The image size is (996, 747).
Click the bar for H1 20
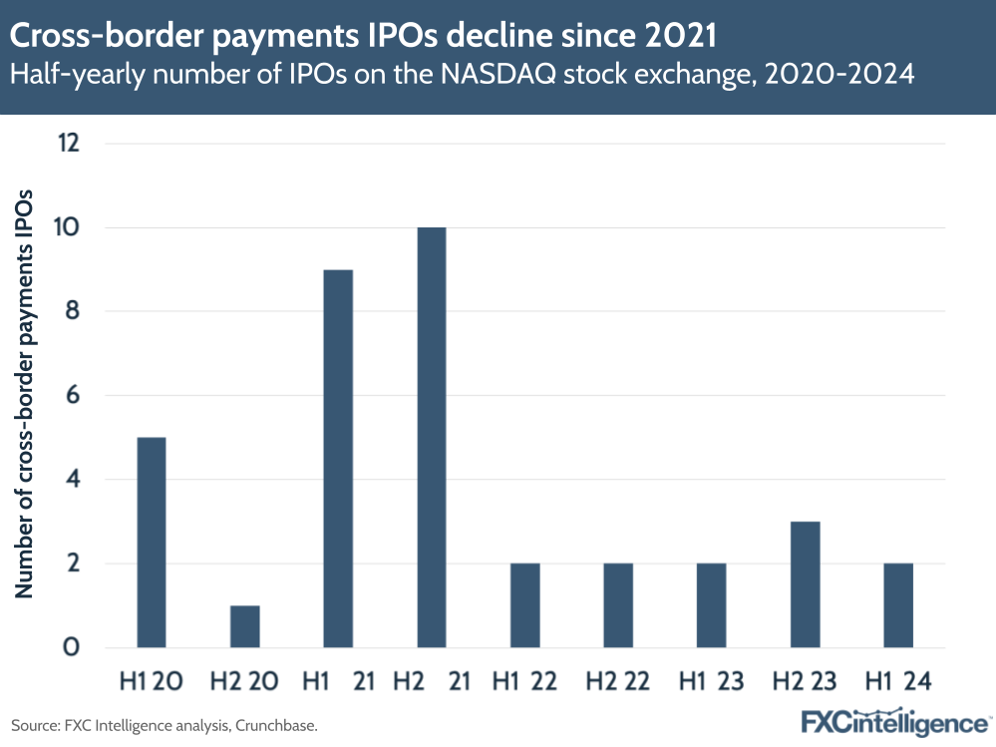[151, 543]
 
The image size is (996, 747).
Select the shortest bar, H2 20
[244, 626]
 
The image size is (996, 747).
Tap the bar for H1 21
[338, 459]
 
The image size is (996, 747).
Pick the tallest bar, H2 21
[432, 438]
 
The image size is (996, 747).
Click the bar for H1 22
[524, 605]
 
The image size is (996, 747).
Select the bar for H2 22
[618, 605]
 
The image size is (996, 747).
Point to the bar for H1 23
[712, 605]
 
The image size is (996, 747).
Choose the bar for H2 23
[805, 584]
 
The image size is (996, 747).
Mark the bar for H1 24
[898, 605]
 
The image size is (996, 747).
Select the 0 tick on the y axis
[72, 648]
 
